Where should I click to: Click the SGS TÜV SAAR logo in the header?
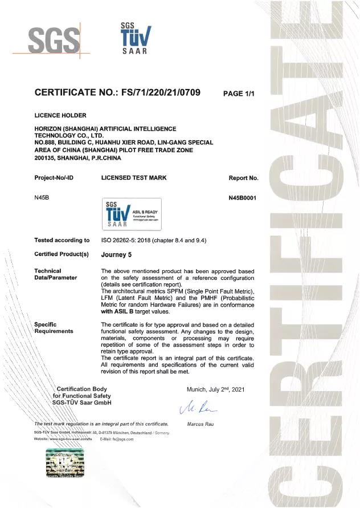[x=134, y=38]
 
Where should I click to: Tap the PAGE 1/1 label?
[x=238, y=94]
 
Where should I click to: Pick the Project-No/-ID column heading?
[x=54, y=178]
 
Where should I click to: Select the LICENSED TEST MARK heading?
[x=134, y=178]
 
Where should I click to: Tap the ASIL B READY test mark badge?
[x=132, y=214]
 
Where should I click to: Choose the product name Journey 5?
[x=116, y=254]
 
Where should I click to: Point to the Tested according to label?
[x=62, y=241]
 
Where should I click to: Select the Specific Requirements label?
[x=54, y=328]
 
